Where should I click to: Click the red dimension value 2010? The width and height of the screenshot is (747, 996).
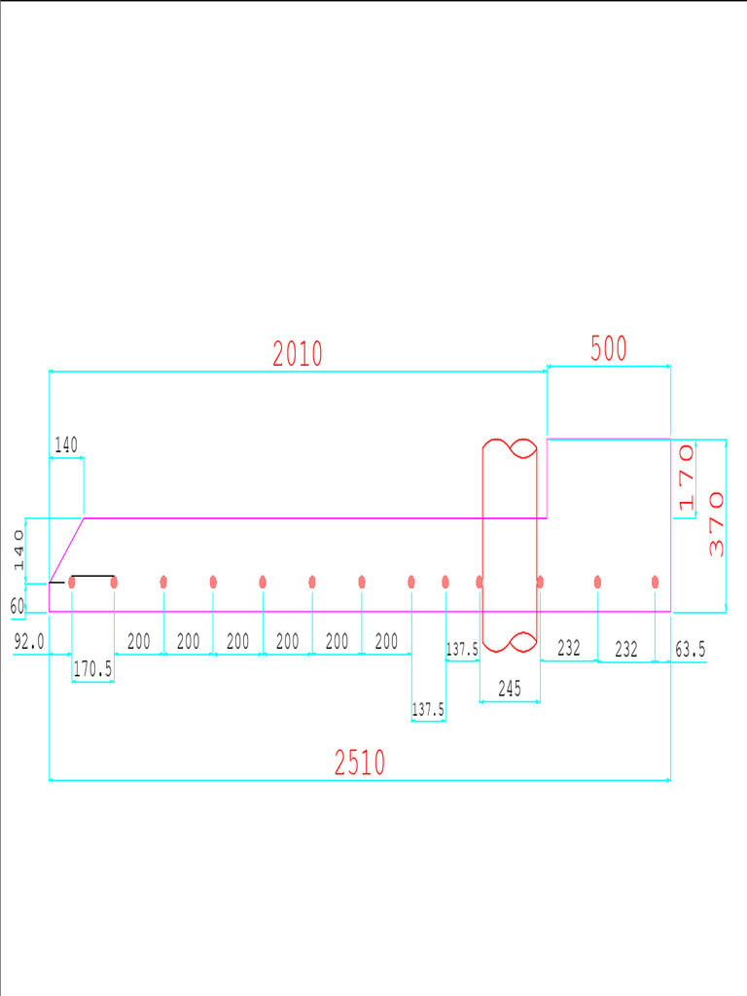coord(298,354)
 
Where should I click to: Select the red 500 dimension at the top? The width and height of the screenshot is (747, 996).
coord(609,348)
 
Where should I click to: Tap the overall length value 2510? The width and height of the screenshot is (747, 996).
coord(360,763)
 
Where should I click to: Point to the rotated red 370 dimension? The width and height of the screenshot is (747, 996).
coord(716,524)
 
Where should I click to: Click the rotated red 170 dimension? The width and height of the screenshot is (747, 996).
coord(687,478)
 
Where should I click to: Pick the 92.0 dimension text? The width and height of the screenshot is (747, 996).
coord(29,642)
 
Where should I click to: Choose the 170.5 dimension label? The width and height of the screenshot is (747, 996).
coord(92,668)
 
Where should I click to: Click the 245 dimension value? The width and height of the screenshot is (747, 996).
coord(510,688)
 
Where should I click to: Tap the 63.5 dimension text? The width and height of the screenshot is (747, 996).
coord(691,649)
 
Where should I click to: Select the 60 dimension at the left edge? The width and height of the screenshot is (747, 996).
coord(18,606)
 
